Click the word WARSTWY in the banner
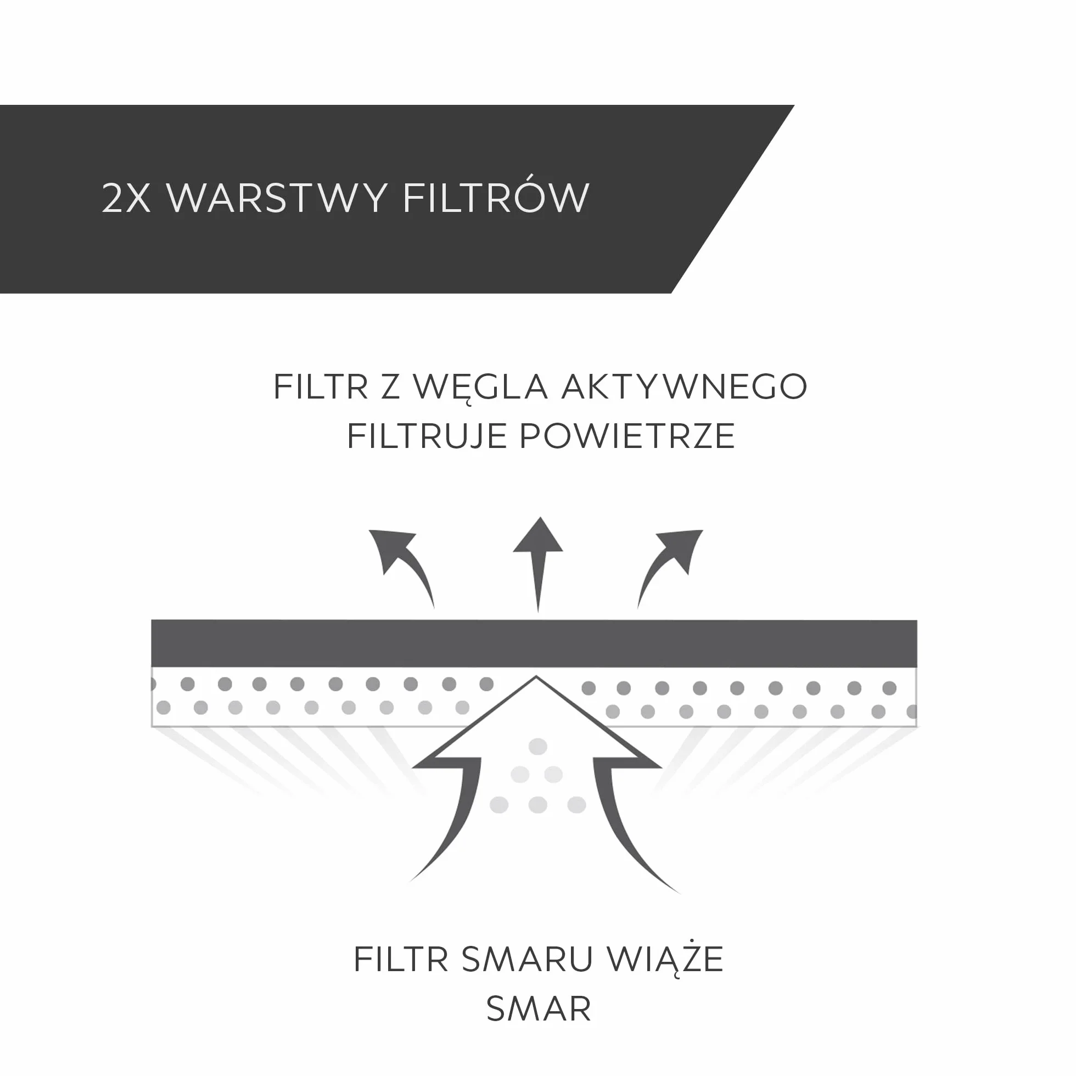click(277, 197)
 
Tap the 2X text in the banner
click(126, 198)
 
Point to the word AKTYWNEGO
click(685, 386)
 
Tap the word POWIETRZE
click(627, 436)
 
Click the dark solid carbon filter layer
click(534, 643)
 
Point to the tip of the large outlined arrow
click(536, 676)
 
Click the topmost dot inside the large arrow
click(538, 747)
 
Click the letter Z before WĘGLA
click(390, 386)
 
